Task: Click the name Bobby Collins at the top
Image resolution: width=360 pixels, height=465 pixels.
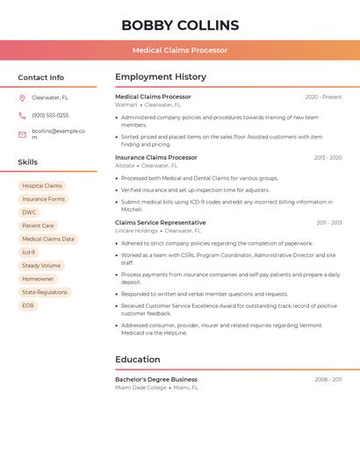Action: click(x=180, y=25)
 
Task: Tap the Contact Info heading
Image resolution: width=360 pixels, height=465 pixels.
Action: click(x=41, y=77)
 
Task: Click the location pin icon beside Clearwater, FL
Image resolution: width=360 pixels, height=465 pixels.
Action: click(x=22, y=97)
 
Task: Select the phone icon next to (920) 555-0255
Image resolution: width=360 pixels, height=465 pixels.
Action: click(x=22, y=115)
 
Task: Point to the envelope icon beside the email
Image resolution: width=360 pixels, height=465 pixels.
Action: click(x=22, y=134)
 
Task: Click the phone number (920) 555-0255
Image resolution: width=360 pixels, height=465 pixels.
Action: click(x=50, y=115)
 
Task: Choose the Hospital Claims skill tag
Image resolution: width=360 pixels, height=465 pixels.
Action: click(x=42, y=186)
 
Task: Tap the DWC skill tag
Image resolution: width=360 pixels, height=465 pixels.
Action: click(x=29, y=212)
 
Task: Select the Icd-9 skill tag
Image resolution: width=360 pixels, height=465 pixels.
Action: click(x=29, y=252)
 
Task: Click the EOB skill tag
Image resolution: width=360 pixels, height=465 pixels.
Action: click(x=28, y=305)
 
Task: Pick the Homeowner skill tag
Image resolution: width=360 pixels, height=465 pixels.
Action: click(x=38, y=279)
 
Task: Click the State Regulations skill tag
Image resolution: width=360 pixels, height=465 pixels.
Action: click(x=45, y=292)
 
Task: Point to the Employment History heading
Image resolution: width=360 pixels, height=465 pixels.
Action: click(x=161, y=77)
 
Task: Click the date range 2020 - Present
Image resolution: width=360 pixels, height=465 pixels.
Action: click(x=323, y=97)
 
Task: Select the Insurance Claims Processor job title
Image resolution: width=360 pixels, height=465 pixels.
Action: click(x=156, y=158)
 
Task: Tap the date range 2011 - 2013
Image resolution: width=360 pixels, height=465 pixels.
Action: click(x=329, y=223)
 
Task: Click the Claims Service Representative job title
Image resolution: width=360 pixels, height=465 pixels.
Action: click(x=161, y=223)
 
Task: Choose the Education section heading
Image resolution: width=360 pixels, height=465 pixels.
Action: click(x=138, y=359)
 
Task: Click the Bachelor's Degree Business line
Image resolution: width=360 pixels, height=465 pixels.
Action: click(x=156, y=380)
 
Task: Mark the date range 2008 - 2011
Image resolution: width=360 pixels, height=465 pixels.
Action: click(x=328, y=380)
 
